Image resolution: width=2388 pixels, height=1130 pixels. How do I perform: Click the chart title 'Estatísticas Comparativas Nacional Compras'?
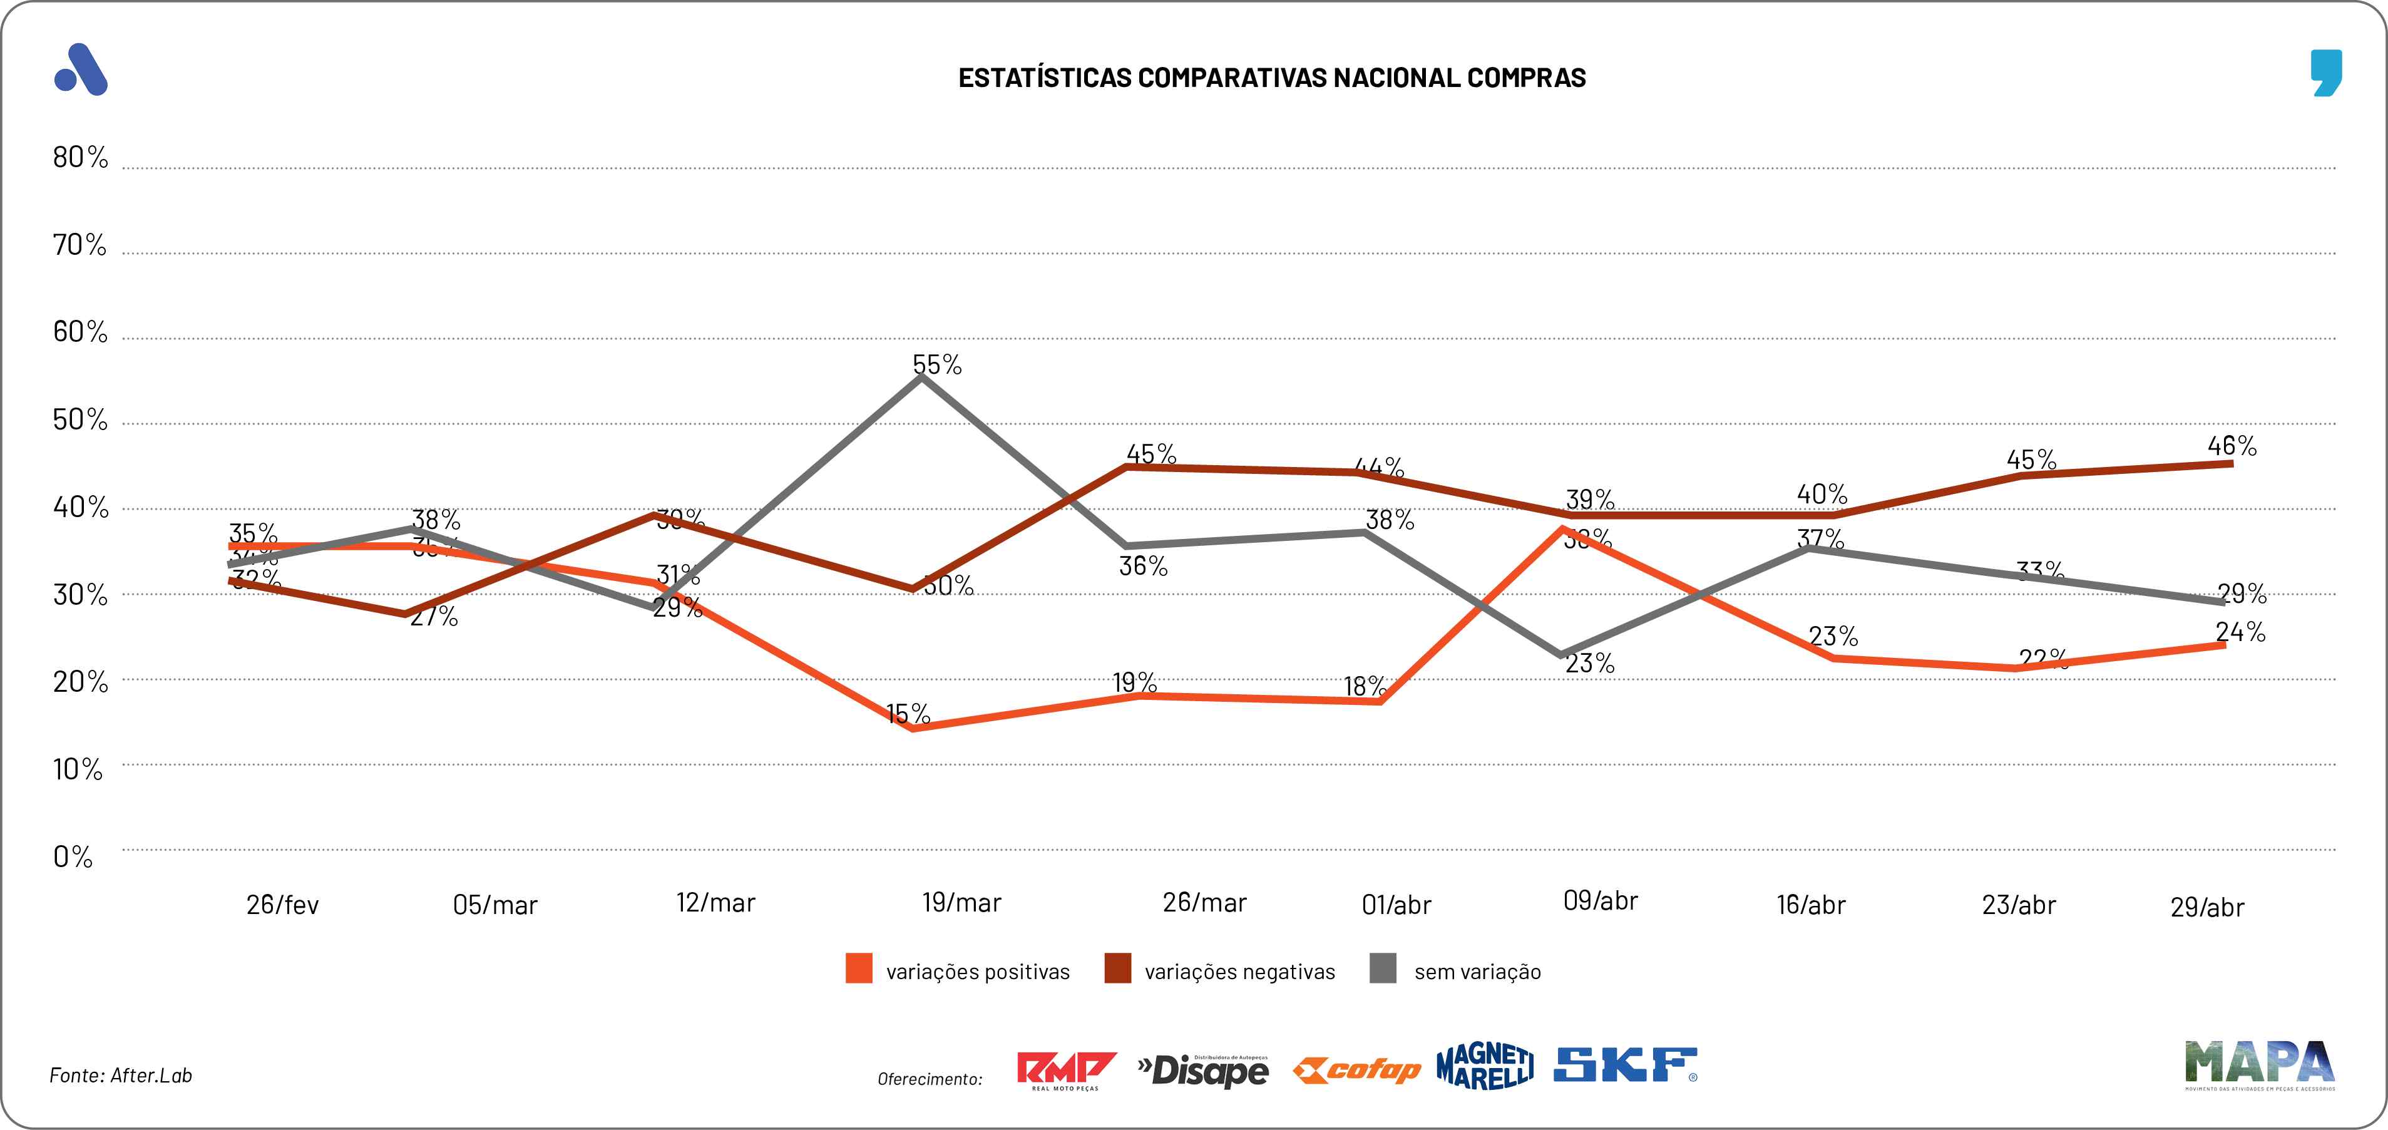tap(1272, 77)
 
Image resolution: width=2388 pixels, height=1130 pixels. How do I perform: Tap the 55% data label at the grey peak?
tap(937, 364)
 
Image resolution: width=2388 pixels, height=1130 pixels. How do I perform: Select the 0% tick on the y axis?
tap(73, 856)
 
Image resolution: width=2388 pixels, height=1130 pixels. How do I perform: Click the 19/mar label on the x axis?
tap(961, 902)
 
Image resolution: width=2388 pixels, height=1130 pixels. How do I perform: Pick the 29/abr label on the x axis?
tap(2207, 907)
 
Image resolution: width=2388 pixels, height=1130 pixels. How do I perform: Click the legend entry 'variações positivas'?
tap(977, 972)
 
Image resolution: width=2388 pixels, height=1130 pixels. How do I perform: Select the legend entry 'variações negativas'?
tap(1239, 972)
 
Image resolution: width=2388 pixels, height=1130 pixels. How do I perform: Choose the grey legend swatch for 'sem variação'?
tap(1383, 968)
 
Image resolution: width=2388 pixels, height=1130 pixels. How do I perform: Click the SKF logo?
tap(1625, 1066)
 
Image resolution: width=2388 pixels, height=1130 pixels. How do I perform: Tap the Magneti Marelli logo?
tap(1485, 1067)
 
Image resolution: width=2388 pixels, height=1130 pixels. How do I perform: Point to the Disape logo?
tap(1203, 1071)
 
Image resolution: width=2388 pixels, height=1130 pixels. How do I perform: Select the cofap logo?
tap(1357, 1071)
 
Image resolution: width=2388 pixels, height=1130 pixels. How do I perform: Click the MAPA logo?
tap(2259, 1063)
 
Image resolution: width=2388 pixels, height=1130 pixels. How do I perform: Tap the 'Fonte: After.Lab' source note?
tap(121, 1076)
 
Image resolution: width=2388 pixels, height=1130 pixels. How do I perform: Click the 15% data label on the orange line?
tap(908, 713)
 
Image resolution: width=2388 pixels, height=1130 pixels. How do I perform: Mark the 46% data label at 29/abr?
tap(2232, 446)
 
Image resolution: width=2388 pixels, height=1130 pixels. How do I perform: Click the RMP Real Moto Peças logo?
tap(1065, 1071)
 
